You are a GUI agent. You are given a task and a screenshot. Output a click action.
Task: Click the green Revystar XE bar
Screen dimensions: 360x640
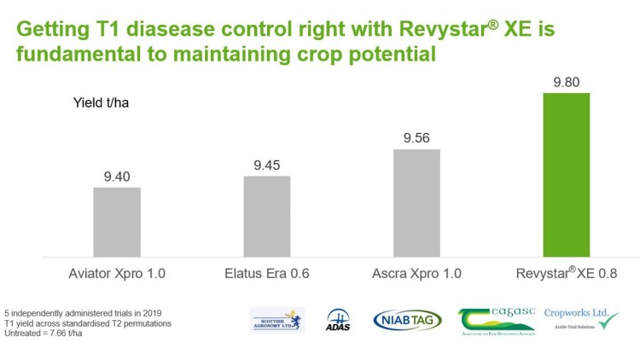click(x=566, y=174)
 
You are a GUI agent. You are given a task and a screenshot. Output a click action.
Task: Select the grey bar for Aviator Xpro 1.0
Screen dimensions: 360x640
click(x=117, y=221)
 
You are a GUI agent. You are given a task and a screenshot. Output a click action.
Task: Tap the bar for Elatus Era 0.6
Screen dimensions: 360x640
click(x=267, y=216)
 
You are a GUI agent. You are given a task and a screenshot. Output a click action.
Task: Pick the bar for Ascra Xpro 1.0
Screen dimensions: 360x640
click(x=416, y=202)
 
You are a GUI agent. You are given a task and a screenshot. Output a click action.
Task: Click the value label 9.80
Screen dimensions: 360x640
click(x=566, y=81)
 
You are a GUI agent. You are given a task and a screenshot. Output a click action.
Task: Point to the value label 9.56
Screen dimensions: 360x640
click(x=416, y=137)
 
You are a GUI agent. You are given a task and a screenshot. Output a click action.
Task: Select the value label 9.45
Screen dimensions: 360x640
click(x=267, y=165)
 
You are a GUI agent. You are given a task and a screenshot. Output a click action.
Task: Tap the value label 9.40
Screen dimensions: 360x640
click(x=117, y=176)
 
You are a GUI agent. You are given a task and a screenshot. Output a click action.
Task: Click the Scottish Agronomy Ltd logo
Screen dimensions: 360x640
click(x=277, y=320)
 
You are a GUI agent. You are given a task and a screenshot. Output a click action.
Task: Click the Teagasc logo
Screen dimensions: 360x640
click(x=496, y=320)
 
